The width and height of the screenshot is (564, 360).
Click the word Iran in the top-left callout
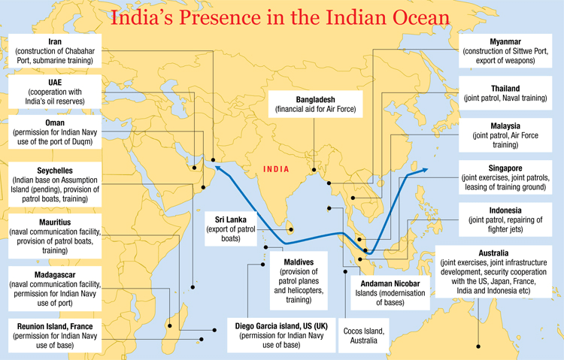click(x=54, y=41)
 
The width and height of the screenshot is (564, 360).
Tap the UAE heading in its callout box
click(x=54, y=81)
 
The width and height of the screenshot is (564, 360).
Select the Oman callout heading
click(x=55, y=122)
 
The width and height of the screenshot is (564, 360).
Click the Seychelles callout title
click(x=55, y=171)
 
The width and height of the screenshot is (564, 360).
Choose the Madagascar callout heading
click(x=54, y=275)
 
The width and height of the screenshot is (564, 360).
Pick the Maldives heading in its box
click(x=299, y=261)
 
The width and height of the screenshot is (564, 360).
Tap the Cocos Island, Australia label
click(x=365, y=331)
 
